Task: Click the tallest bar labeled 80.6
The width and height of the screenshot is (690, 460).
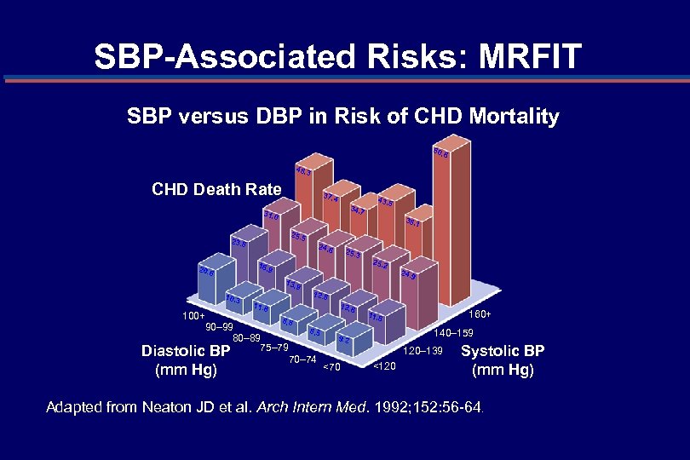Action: point(440,154)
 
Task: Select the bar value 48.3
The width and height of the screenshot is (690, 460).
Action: point(304,172)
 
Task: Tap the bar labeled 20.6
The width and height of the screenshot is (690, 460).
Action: point(205,272)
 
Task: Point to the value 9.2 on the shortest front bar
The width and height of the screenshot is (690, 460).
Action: point(343,340)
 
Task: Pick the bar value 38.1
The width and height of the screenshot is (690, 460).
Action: point(413,222)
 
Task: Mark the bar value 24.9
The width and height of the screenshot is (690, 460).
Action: point(408,275)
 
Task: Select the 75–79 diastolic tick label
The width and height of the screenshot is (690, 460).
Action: point(274,348)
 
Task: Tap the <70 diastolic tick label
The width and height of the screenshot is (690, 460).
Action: point(331,367)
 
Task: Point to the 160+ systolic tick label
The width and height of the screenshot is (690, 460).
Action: point(481,316)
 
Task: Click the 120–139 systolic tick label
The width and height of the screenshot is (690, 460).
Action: point(423,350)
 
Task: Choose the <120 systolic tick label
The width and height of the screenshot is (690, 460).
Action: point(384,366)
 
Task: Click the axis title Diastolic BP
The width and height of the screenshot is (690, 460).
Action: point(186,351)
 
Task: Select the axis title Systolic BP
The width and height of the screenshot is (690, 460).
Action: point(502,351)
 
